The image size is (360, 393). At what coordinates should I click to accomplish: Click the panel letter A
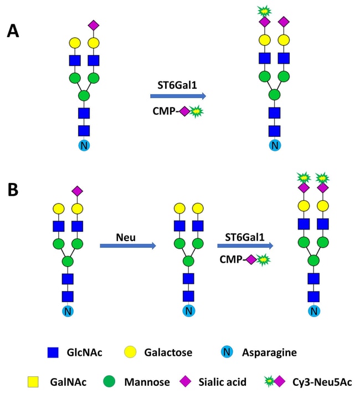(13, 31)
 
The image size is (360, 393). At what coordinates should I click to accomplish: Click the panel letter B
(13, 190)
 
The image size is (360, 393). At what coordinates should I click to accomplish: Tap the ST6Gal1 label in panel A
(177, 85)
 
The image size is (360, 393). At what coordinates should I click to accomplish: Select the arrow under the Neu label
(128, 246)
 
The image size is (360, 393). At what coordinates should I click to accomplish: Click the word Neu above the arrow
(126, 237)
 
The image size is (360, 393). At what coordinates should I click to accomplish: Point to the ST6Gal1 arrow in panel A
(178, 96)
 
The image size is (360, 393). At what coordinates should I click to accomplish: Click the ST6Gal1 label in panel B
(245, 237)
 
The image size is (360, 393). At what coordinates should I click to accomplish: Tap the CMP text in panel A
(163, 111)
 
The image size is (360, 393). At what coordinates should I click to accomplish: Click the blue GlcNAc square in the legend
(53, 352)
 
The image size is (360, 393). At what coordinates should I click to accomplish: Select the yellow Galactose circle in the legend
(130, 352)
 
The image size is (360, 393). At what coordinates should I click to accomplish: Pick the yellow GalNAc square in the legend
(33, 382)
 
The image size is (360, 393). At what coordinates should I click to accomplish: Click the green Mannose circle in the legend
(109, 381)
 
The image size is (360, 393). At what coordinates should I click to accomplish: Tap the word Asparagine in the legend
(269, 353)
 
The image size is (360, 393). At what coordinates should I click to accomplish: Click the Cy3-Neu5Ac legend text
(322, 382)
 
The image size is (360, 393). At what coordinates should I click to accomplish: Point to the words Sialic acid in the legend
(222, 382)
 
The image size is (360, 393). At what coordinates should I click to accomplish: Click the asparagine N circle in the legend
(227, 352)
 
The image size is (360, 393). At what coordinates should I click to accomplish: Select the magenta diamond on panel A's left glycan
(94, 25)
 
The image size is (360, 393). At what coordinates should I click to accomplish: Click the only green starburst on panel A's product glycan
(265, 11)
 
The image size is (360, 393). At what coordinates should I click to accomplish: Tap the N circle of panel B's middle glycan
(189, 311)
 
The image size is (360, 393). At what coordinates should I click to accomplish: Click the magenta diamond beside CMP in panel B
(251, 259)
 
